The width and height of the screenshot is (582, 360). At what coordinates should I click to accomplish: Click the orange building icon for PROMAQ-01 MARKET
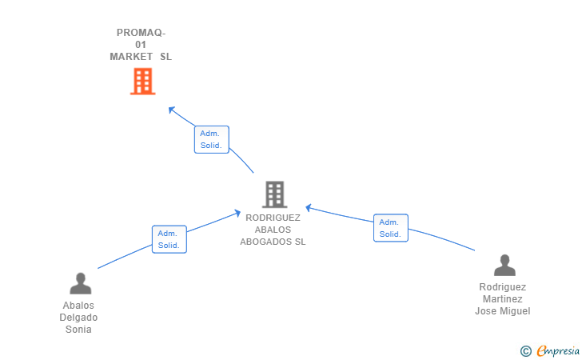coord(142,82)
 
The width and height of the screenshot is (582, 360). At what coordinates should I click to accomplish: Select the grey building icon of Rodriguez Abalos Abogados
coord(275,194)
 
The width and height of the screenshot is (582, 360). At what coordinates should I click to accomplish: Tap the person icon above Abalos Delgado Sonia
coord(81,283)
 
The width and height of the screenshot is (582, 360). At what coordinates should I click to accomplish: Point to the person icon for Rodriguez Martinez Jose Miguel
coord(504,266)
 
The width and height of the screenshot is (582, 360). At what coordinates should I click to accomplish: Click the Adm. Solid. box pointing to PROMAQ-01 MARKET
coord(212,139)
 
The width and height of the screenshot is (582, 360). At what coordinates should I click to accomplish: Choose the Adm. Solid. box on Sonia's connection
coord(169,239)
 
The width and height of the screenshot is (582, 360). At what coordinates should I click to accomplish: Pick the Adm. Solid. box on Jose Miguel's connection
coord(391,228)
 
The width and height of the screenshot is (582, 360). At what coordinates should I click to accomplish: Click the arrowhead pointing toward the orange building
coord(171,110)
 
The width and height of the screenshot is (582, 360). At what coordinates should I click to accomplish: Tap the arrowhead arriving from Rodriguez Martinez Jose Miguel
coord(309,208)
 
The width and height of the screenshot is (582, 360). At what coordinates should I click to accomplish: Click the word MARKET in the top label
coord(131,57)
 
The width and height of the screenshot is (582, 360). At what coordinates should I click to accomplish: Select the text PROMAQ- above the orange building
coord(141,33)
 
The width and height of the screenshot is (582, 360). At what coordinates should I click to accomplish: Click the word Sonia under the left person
coord(78,329)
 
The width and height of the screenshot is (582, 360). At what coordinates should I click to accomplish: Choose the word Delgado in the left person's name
coord(78,318)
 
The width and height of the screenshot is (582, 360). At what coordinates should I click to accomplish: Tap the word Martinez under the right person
coord(503,298)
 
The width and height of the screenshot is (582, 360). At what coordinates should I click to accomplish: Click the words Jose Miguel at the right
coord(503,311)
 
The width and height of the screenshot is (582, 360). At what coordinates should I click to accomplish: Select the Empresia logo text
coord(558,350)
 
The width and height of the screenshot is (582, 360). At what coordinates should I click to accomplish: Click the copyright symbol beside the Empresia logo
coord(526,351)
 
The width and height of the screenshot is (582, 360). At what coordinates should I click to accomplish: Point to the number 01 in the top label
coord(141,45)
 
